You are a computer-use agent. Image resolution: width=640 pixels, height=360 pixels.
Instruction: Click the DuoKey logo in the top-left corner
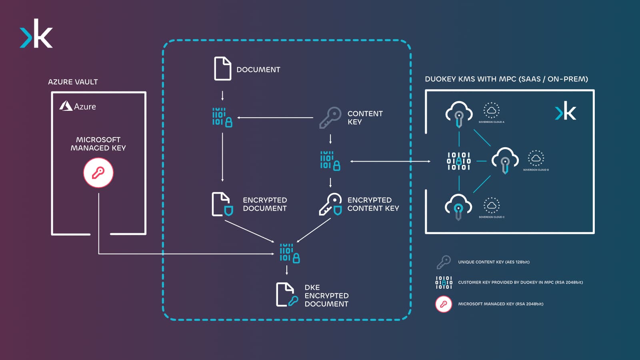pyautogui.click(x=36, y=34)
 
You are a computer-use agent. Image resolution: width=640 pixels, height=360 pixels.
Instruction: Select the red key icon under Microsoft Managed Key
pyautogui.click(x=98, y=173)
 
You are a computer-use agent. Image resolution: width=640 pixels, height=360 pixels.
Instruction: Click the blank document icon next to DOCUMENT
pyautogui.click(x=222, y=69)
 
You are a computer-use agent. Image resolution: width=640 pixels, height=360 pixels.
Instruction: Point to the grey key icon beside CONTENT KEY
pyautogui.click(x=330, y=117)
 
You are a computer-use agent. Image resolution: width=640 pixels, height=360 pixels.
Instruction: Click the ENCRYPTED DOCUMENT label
pyautogui.click(x=264, y=204)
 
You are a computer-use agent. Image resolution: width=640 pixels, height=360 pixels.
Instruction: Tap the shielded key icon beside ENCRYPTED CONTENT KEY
pyautogui.click(x=330, y=204)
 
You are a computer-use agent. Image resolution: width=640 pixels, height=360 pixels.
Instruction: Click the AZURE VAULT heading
pyautogui.click(x=73, y=82)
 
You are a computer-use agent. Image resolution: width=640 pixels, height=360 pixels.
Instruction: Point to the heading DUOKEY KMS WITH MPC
pyautogui.click(x=506, y=79)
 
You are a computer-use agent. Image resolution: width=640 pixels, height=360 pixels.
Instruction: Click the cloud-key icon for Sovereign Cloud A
pyautogui.click(x=459, y=114)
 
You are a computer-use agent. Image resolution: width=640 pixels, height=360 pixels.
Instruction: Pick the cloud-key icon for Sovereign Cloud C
pyautogui.click(x=458, y=206)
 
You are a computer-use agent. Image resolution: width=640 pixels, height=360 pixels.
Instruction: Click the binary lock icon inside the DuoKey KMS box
pyautogui.click(x=458, y=161)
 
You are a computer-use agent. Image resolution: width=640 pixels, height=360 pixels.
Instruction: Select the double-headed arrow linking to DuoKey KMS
pyautogui.click(x=390, y=161)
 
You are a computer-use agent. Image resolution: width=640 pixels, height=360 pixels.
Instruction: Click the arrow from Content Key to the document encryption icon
pyautogui.click(x=275, y=118)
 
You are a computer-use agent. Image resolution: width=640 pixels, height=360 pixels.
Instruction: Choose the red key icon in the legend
pyautogui.click(x=443, y=304)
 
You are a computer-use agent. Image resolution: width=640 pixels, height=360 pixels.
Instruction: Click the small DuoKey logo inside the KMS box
pyautogui.click(x=565, y=111)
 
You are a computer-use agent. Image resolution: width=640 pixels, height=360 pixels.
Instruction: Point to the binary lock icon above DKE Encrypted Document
pyautogui.click(x=289, y=253)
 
